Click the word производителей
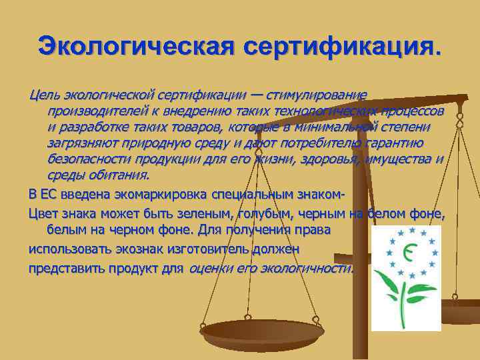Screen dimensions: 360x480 point(95,110)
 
